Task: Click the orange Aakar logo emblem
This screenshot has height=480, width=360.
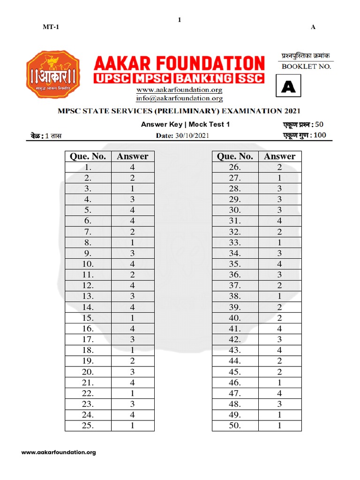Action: pos(52,75)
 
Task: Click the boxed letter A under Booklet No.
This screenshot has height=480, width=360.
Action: pos(288,87)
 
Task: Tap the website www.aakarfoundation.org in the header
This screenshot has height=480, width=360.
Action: pos(179,90)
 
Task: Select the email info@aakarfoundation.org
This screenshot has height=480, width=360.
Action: pos(179,98)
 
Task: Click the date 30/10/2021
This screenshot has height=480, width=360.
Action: pos(193,136)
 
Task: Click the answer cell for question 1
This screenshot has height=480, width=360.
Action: pos(133,167)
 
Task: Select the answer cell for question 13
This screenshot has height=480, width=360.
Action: pos(133,297)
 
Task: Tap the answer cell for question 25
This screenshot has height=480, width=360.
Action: pos(133,426)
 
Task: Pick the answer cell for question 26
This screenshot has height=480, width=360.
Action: pos(280,167)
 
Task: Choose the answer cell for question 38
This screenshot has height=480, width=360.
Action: pos(280,297)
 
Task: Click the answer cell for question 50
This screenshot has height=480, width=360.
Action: pos(280,426)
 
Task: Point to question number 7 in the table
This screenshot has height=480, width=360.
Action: pos(88,232)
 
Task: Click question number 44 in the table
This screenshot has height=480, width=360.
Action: pos(235,361)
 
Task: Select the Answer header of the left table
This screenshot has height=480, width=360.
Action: pos(133,157)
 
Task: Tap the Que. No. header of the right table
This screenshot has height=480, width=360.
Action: pos(235,157)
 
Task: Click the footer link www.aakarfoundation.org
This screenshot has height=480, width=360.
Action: pos(59,452)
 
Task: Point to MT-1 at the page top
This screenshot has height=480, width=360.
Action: pos(51,27)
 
